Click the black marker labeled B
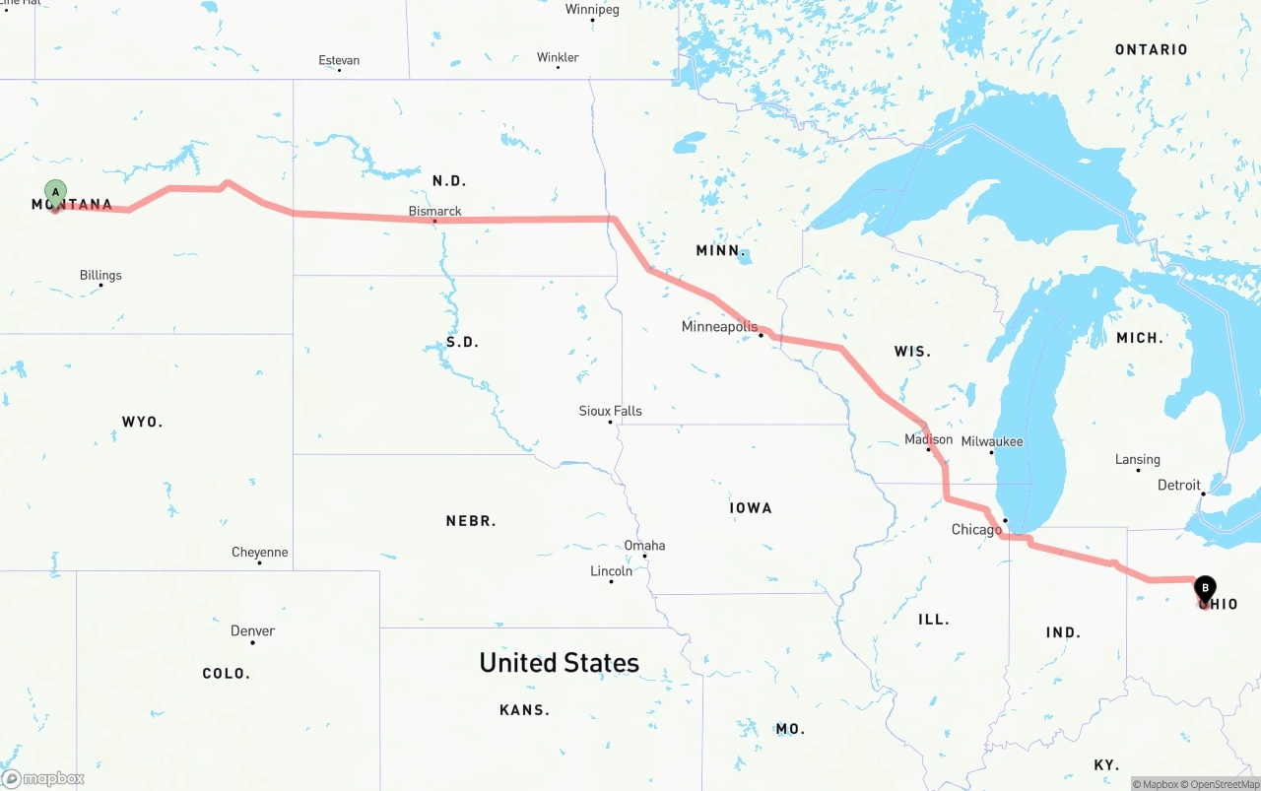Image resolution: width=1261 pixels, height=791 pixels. tap(1205, 589)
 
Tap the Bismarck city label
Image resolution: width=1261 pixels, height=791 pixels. tap(434, 211)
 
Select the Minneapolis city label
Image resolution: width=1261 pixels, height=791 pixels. tap(720, 326)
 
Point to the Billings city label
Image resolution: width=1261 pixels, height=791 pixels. tap(100, 275)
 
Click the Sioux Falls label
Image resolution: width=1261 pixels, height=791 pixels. tap(610, 411)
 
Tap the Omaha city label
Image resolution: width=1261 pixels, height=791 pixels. tap(644, 545)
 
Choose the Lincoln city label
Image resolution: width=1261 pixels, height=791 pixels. tap(611, 571)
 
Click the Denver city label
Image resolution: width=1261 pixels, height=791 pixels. tap(252, 630)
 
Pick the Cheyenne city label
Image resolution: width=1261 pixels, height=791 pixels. tap(260, 552)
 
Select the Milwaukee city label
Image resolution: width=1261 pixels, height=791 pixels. tap(992, 441)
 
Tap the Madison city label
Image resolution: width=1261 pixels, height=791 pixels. tap(928, 439)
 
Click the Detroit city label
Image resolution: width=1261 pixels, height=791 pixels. tap(1179, 485)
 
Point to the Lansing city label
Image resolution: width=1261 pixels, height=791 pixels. tap(1138, 459)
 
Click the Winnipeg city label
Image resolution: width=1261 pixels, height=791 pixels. tap(592, 10)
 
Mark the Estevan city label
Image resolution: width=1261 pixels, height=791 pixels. tap(339, 60)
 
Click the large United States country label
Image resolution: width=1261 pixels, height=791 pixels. tap(559, 663)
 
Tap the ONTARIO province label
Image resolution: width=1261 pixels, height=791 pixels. tap(1151, 49)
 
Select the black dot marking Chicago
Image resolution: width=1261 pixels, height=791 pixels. tap(1005, 520)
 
